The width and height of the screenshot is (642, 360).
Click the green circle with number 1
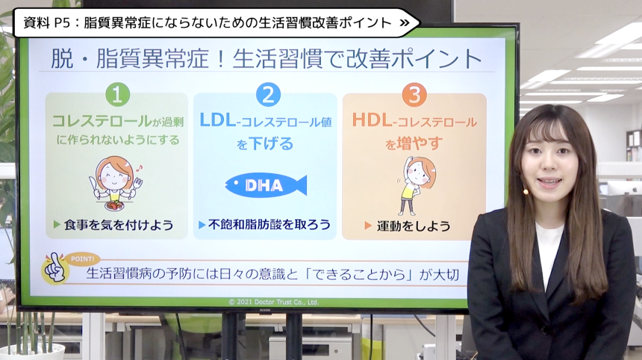point(117,94)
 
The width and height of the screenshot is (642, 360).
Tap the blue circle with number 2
point(268,94)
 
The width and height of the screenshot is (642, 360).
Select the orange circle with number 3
point(414,95)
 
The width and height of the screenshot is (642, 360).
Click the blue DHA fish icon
point(266,185)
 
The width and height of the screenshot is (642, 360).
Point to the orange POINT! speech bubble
point(83,259)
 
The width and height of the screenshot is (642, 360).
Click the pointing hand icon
point(54,268)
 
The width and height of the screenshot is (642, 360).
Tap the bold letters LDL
point(217,120)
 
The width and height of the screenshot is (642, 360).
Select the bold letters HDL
point(372,120)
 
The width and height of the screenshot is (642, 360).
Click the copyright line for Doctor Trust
point(273,302)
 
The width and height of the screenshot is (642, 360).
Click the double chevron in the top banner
point(404,22)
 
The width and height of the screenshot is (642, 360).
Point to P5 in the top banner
point(62,22)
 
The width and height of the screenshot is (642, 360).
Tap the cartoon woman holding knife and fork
point(115,183)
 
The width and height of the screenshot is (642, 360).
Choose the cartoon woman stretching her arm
point(415,185)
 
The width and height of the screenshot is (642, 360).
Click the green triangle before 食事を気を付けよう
point(57,224)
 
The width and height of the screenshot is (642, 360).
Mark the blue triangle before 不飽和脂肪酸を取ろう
point(202,224)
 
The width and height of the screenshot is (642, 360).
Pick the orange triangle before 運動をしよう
point(368,226)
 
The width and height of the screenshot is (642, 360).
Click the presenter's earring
point(526,191)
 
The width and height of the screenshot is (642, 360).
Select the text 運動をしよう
point(414,226)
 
